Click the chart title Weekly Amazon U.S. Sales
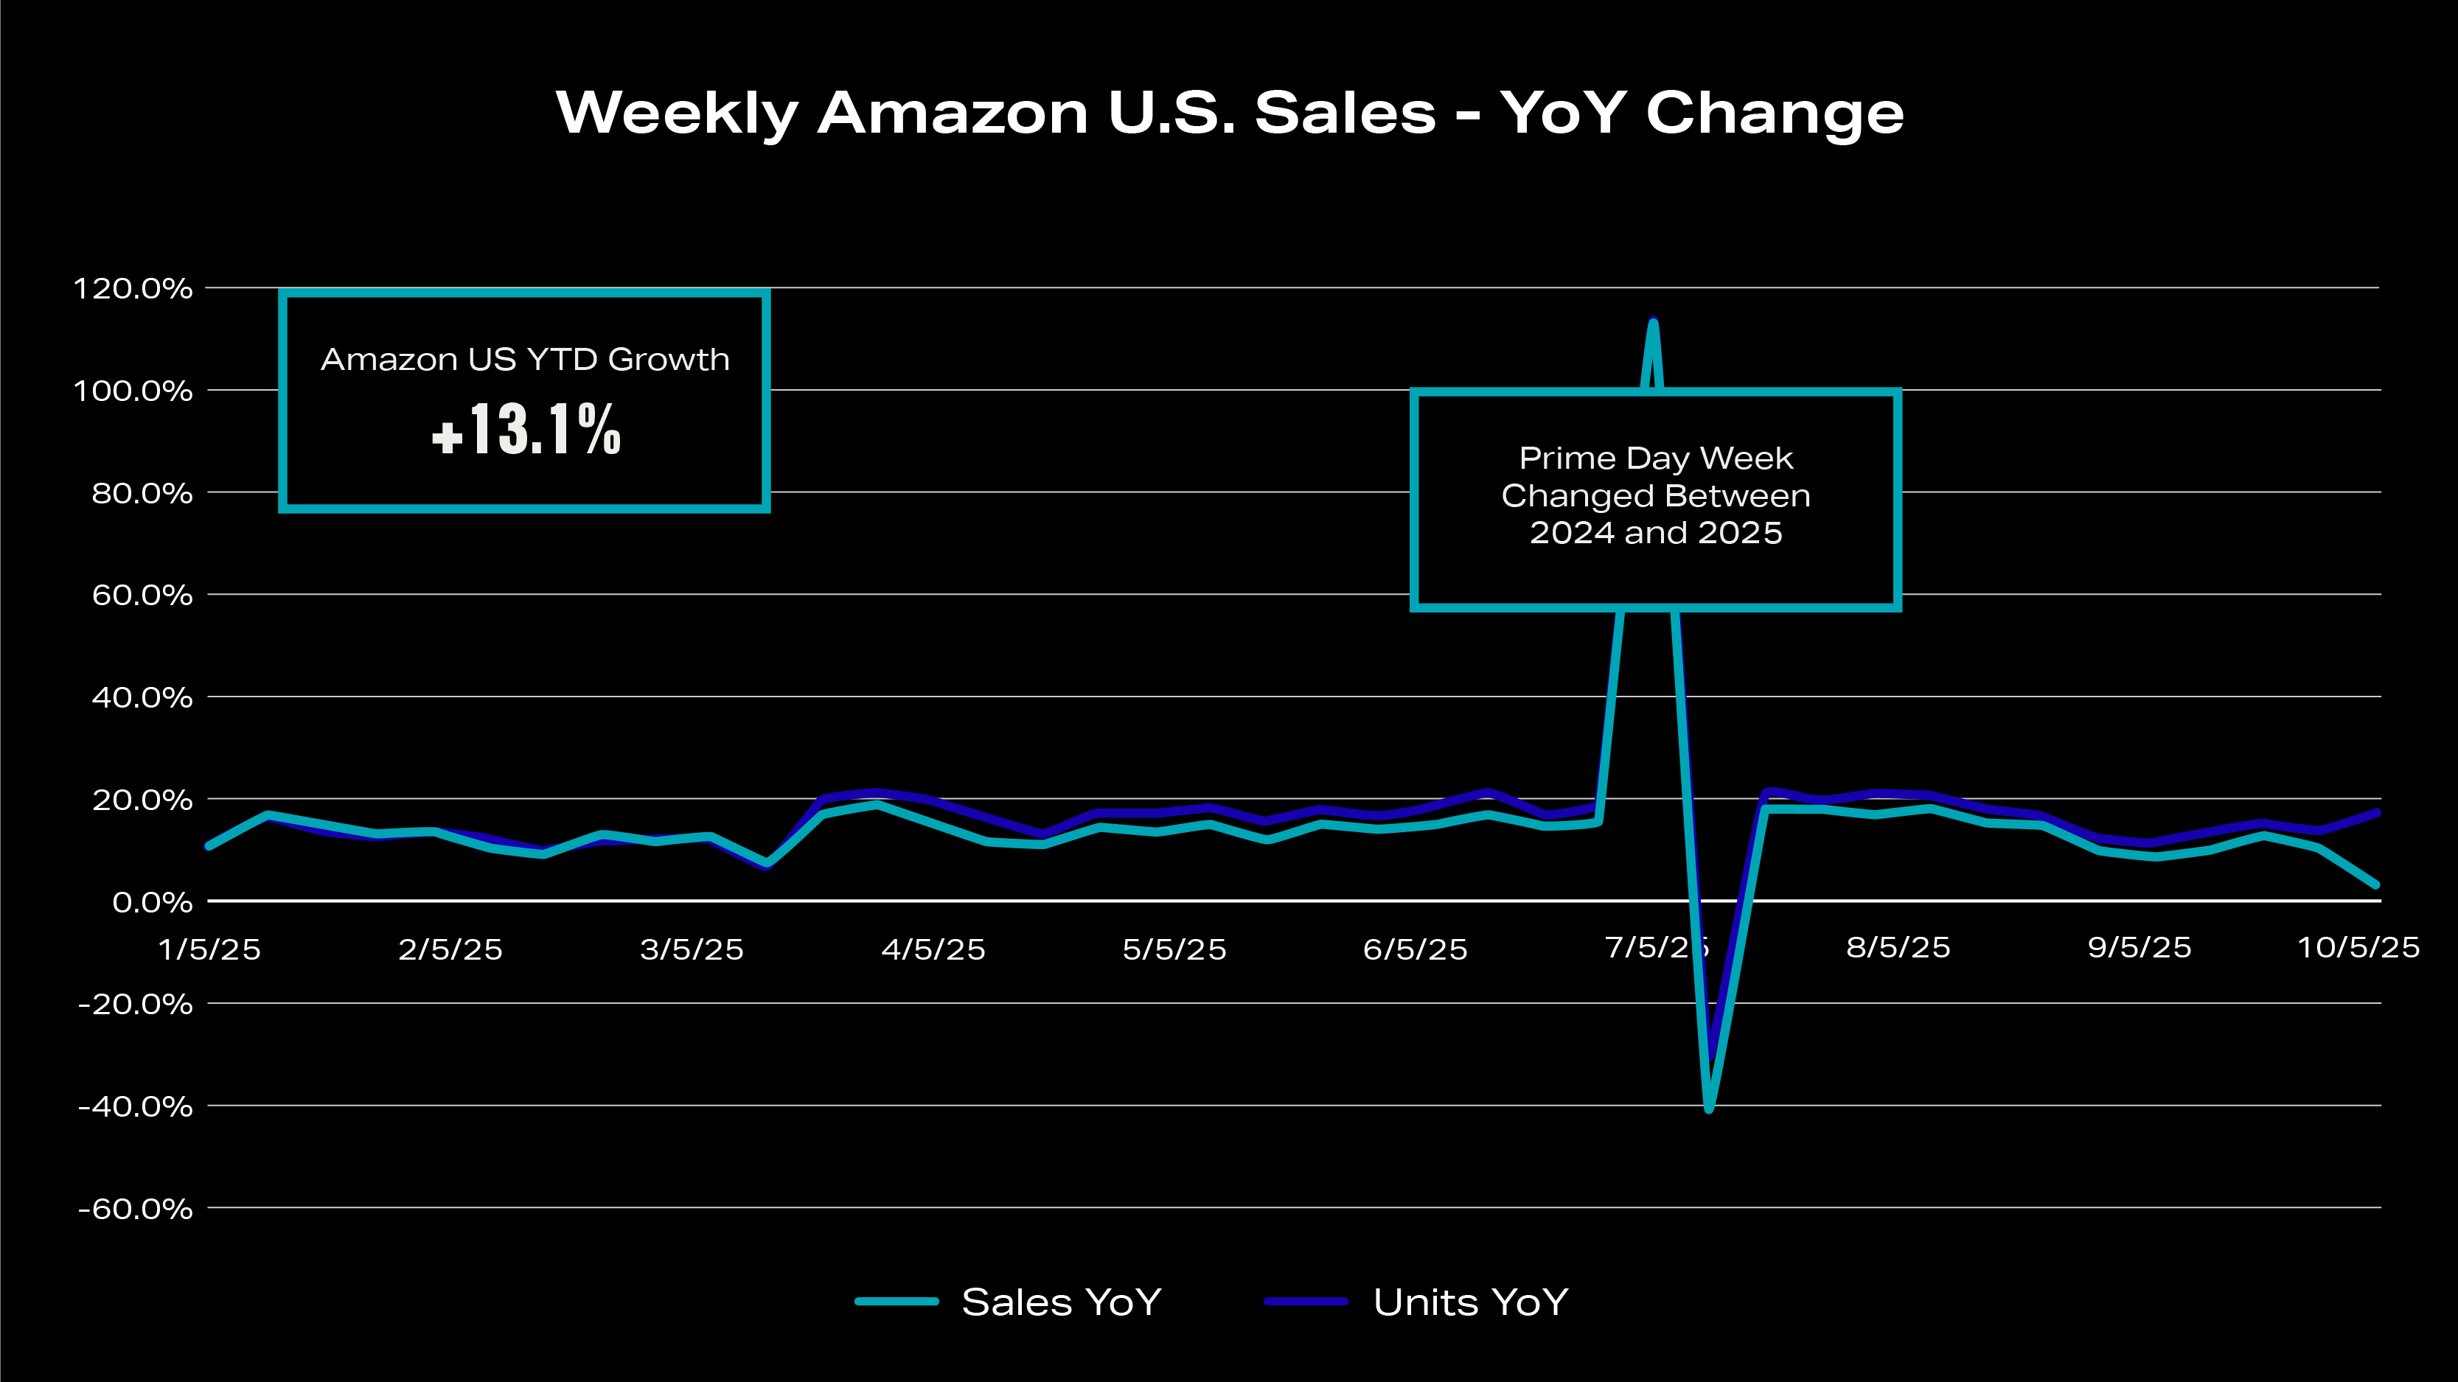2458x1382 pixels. pyautogui.click(x=1229, y=113)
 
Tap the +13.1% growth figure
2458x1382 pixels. pyautogui.click(x=526, y=430)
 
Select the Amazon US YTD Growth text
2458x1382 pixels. pyautogui.click(x=525, y=360)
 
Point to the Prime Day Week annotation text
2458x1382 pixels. pyautogui.click(x=1656, y=495)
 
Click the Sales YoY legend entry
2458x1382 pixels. pyautogui.click(x=1060, y=1302)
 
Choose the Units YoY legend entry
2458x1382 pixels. pyautogui.click(x=1469, y=1302)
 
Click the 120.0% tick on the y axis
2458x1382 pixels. pyautogui.click(x=133, y=288)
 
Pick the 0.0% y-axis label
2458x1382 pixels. pyautogui.click(x=152, y=901)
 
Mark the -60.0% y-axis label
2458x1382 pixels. pyautogui.click(x=136, y=1208)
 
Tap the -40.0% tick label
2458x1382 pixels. pyautogui.click(x=136, y=1106)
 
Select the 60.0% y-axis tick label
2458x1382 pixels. pyautogui.click(x=142, y=595)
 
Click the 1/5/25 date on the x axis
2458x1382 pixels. pyautogui.click(x=209, y=949)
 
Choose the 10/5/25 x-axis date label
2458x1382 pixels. pyautogui.click(x=2358, y=947)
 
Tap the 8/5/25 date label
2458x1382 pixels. pyautogui.click(x=1898, y=947)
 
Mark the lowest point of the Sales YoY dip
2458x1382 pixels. pyautogui.click(x=1708, y=1109)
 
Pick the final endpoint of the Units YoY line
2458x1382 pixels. pyautogui.click(x=2376, y=812)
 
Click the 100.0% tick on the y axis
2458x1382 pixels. pyautogui.click(x=133, y=390)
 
